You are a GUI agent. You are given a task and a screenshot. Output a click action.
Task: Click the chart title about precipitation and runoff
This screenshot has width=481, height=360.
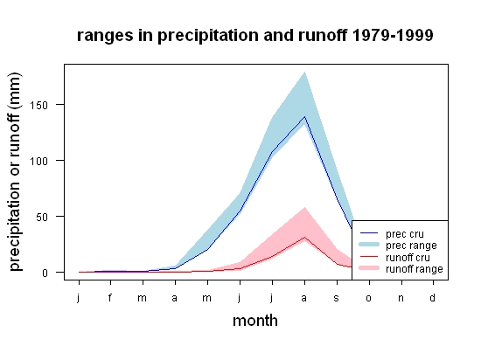click(254, 36)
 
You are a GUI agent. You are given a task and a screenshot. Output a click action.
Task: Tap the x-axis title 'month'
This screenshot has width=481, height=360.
click(255, 321)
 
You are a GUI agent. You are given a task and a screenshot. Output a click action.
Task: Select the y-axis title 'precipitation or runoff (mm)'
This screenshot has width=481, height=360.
click(15, 172)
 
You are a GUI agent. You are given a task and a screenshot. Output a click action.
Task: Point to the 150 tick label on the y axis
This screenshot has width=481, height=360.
click(39, 105)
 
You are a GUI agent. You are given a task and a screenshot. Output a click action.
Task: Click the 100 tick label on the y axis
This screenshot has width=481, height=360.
click(39, 161)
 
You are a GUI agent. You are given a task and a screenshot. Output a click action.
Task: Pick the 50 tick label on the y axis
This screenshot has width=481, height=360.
click(42, 218)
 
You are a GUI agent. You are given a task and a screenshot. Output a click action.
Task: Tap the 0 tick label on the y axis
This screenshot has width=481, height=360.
click(45, 273)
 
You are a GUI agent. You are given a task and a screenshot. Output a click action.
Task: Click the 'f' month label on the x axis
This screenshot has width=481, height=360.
click(110, 297)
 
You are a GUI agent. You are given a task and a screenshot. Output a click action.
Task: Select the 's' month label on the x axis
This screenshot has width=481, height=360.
click(337, 298)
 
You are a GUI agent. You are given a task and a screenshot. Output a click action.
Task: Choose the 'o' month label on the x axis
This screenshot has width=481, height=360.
click(369, 298)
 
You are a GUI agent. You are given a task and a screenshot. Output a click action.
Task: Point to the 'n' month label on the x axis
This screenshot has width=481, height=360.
click(401, 298)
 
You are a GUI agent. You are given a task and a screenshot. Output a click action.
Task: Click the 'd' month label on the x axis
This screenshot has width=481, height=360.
click(433, 297)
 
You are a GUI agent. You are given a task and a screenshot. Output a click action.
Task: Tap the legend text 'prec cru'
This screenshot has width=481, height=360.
click(405, 234)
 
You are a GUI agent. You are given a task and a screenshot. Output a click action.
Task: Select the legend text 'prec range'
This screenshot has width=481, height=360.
click(411, 246)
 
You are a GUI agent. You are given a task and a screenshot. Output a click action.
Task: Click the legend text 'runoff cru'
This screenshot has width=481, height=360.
click(408, 258)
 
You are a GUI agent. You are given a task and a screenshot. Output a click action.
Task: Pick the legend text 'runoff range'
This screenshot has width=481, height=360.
click(415, 269)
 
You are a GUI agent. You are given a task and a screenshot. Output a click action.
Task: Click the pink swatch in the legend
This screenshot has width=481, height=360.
click(369, 268)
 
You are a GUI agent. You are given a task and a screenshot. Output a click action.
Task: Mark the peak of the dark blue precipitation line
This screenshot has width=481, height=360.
click(304, 116)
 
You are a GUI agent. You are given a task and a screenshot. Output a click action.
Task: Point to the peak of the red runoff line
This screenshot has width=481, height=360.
click(304, 237)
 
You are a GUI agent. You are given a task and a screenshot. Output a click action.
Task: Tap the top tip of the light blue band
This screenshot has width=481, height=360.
click(304, 72)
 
